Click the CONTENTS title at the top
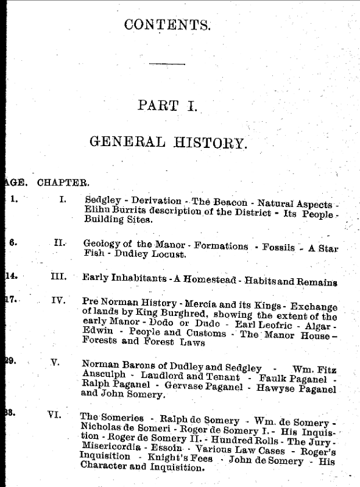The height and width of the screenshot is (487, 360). coord(168,25)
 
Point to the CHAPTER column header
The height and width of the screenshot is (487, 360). coord(64,181)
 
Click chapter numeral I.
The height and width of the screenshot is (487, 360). coord(63,199)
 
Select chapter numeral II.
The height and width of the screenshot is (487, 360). coord(60,242)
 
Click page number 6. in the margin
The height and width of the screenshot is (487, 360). coord(13,242)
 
